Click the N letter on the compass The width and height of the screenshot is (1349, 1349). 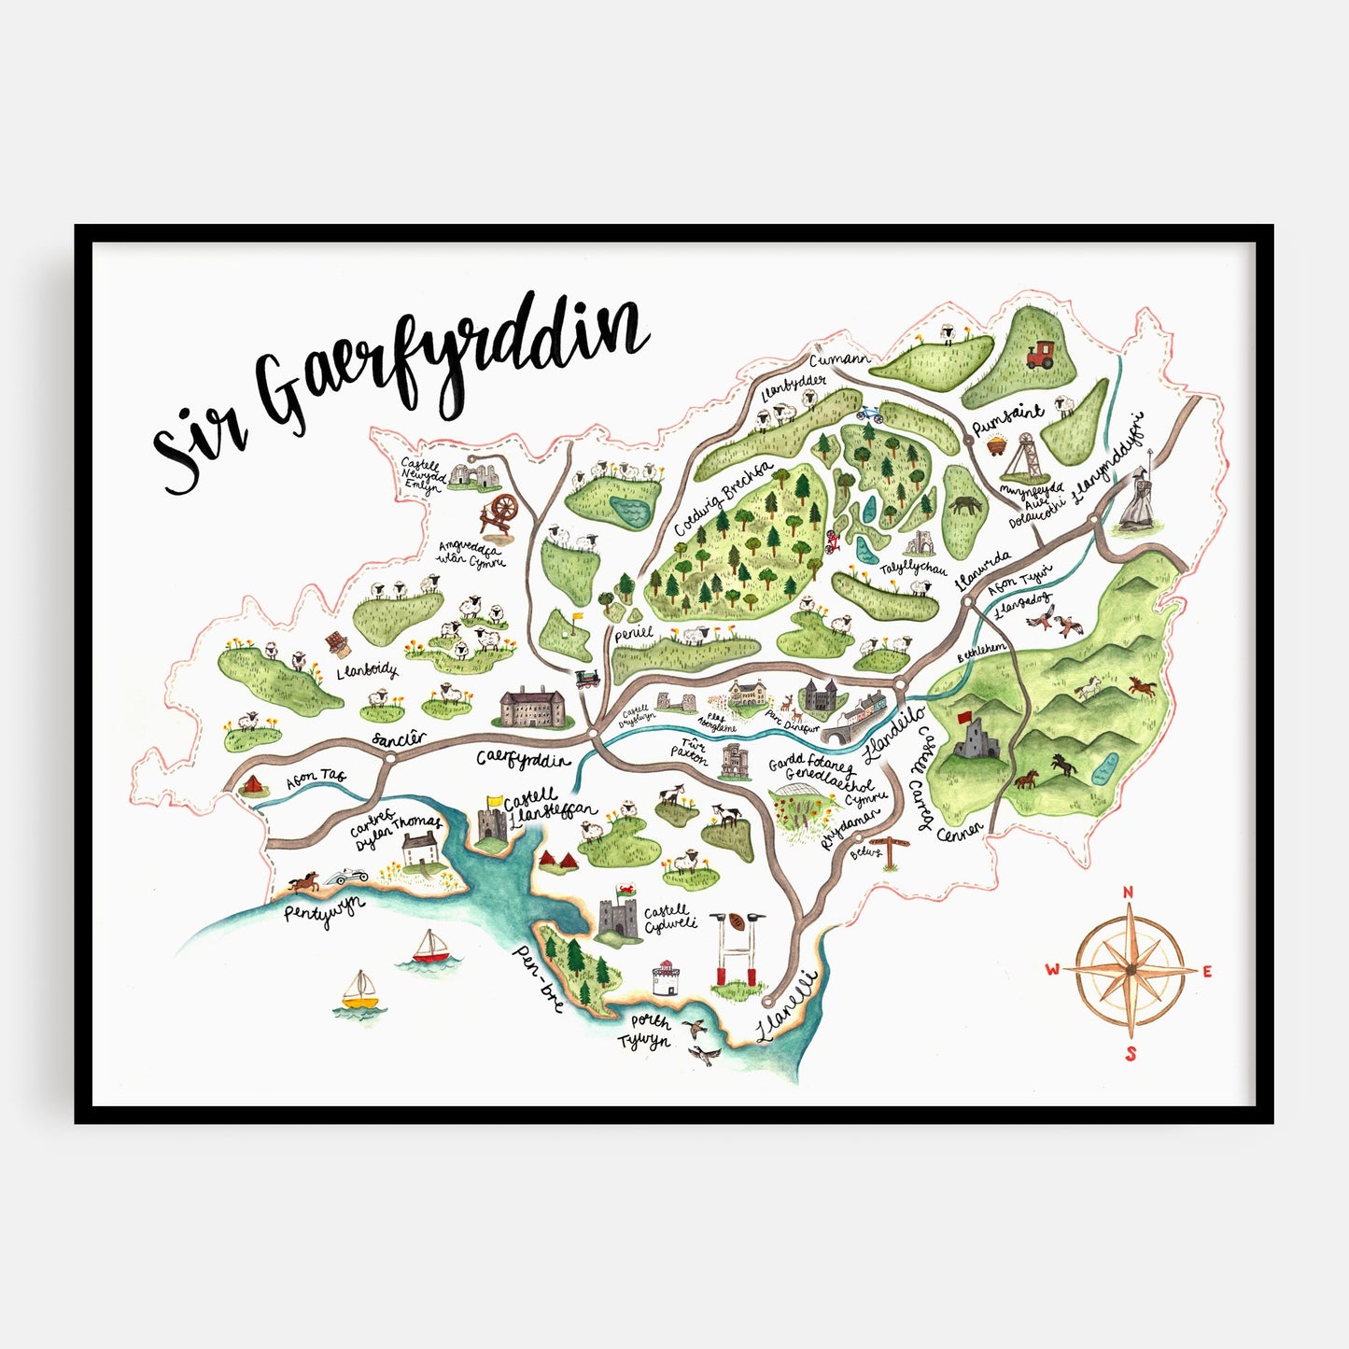click(1128, 892)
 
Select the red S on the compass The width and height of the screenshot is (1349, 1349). click(1130, 1055)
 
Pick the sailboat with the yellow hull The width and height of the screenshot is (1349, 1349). click(360, 991)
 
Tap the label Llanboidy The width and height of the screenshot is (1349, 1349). click(368, 670)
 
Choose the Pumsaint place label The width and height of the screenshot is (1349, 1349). click(1008, 420)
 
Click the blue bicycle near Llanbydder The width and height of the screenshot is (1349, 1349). click(867, 410)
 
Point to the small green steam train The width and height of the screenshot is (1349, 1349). click(586, 679)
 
